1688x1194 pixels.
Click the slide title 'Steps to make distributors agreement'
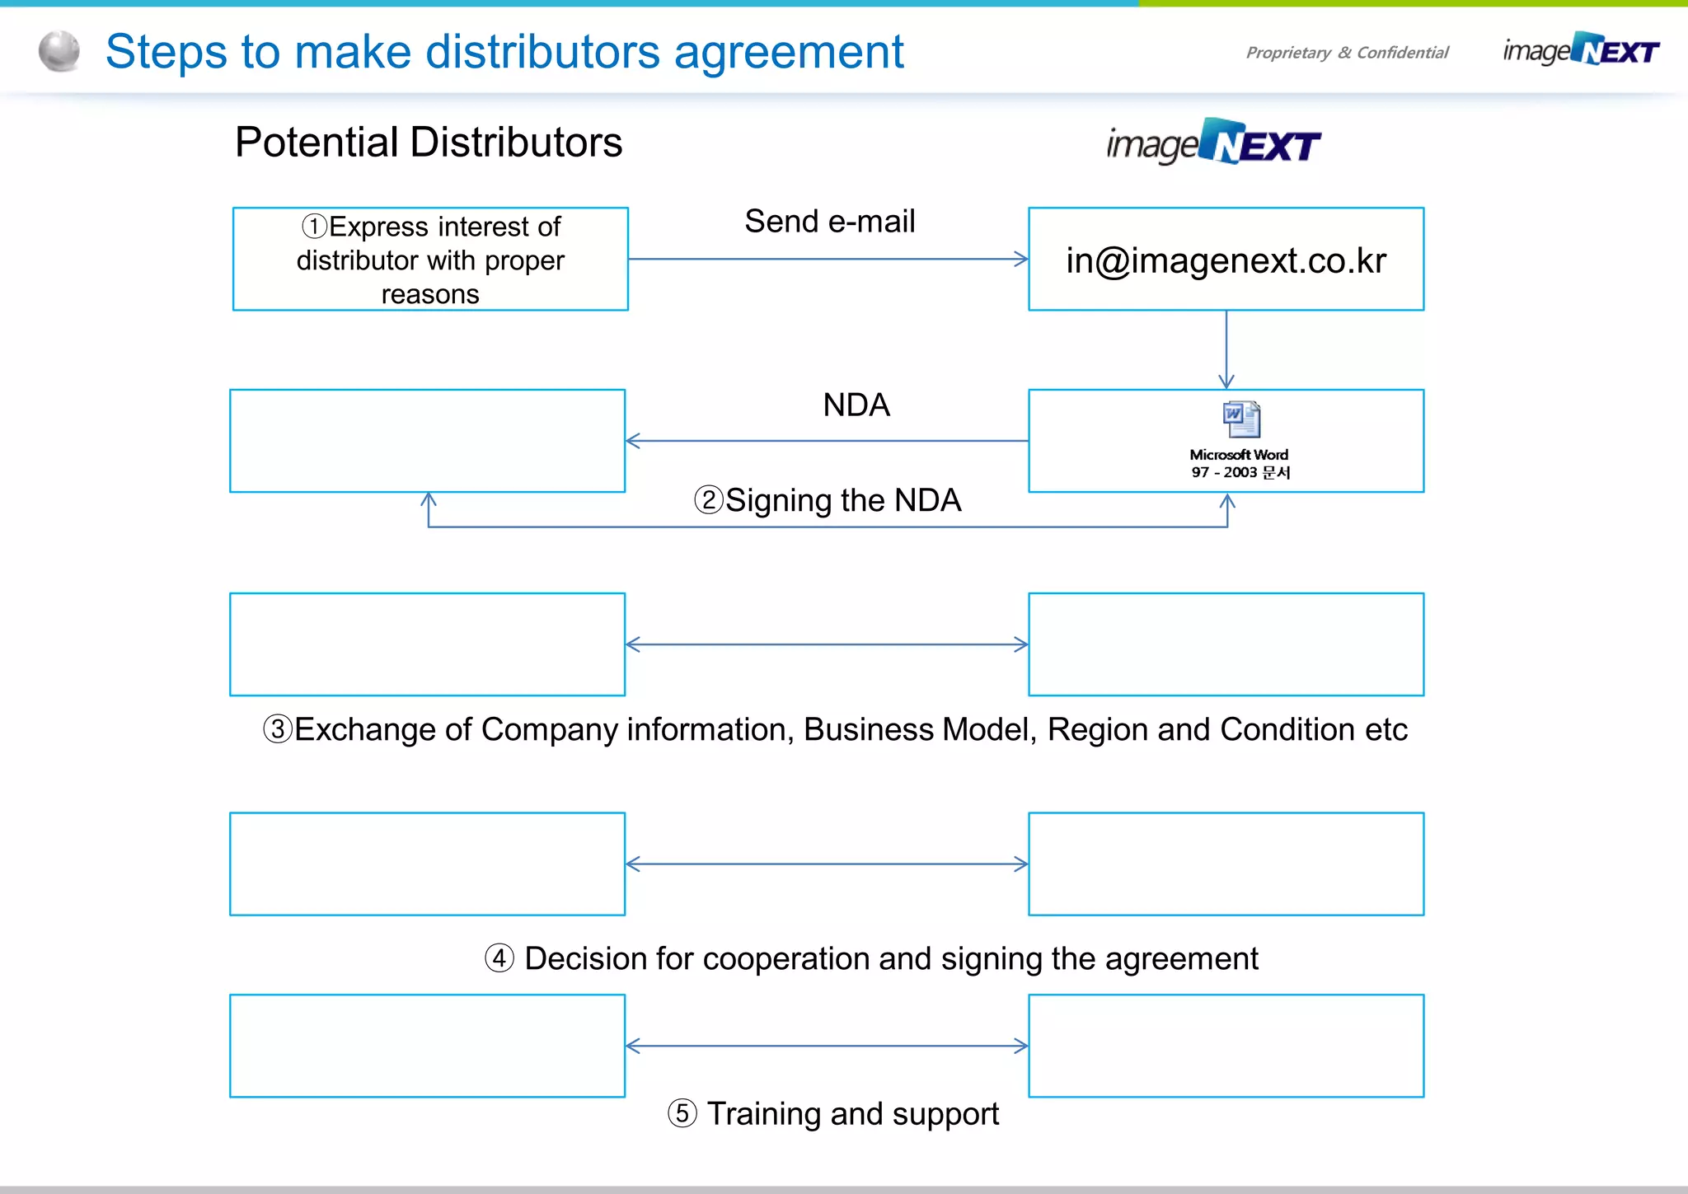504,52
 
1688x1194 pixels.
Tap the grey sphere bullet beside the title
59,51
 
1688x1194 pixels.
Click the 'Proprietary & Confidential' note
1347,53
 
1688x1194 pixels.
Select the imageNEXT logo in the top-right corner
1581,50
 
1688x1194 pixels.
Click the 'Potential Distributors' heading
429,142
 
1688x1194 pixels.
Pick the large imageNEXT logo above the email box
1213,143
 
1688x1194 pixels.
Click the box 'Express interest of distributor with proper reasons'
430,260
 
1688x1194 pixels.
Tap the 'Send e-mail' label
830,222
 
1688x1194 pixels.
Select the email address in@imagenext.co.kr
1226,260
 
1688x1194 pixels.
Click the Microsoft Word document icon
1241,419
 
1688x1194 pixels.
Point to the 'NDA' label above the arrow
856,405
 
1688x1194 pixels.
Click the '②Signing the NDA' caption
828,500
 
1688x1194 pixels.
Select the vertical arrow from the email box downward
1226,349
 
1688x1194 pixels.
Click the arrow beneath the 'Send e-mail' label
828,260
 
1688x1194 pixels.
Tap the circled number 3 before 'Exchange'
278,729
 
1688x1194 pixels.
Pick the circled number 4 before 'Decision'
499,958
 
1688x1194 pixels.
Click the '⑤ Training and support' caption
833,1113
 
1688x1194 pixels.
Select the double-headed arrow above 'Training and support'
827,1047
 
